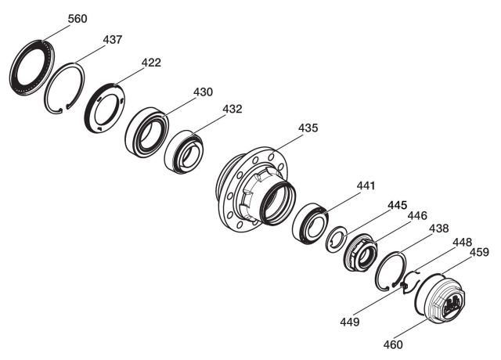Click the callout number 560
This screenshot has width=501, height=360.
point(77,19)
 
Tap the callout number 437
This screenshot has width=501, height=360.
point(113,40)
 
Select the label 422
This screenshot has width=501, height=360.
point(151,63)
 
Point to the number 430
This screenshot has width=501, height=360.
point(203,92)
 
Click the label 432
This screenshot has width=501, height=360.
point(232,109)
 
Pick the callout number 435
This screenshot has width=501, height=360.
point(308,128)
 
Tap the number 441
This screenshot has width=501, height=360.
point(366,185)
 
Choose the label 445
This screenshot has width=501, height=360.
point(398,205)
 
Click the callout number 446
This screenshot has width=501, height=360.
point(417,216)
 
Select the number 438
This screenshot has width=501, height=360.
point(438,229)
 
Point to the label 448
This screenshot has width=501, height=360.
point(463,242)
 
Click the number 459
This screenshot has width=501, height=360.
point(479,252)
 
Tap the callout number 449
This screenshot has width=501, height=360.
point(350,322)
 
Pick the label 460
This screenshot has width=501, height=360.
point(393,344)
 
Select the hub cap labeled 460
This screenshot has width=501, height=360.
point(440,299)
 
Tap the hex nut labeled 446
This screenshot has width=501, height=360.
point(361,252)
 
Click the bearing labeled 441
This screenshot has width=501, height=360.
point(310,223)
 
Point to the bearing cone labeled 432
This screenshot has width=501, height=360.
point(184,152)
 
